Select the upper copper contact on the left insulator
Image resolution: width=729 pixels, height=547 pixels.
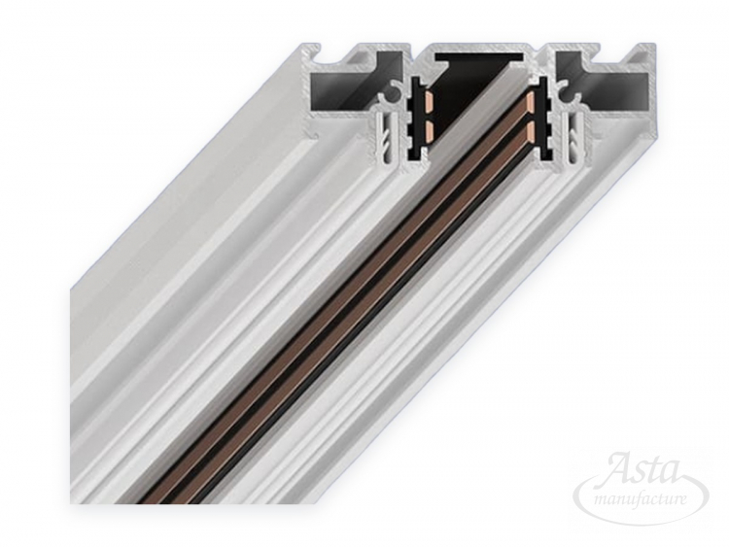click(429, 99)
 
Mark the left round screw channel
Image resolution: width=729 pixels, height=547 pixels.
click(396, 90)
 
